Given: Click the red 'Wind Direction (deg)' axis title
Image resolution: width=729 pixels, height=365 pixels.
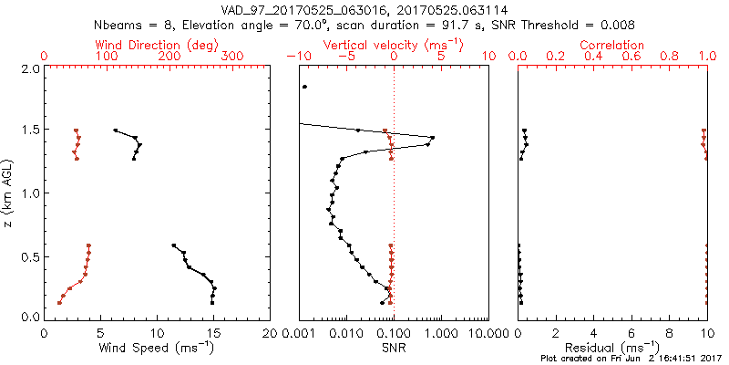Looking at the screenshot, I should [x=158, y=45].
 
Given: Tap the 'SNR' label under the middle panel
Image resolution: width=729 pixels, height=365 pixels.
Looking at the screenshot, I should [x=394, y=347].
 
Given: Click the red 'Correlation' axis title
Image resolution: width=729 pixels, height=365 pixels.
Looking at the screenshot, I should [x=612, y=45].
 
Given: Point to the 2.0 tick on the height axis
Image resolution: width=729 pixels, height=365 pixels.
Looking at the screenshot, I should [x=30, y=68].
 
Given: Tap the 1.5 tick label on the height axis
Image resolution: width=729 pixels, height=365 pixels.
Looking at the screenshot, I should [x=30, y=130].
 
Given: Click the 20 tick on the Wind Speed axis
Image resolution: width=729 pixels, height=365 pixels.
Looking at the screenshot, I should [x=270, y=332].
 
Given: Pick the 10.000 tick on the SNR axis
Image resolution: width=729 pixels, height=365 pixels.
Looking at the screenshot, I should [x=488, y=332].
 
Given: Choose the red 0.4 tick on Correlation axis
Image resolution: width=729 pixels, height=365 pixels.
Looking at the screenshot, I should [x=593, y=57].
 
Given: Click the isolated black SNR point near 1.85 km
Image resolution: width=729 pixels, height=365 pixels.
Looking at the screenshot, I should [x=305, y=87].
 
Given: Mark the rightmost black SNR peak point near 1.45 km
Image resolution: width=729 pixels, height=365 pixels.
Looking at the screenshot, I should [x=432, y=138].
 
